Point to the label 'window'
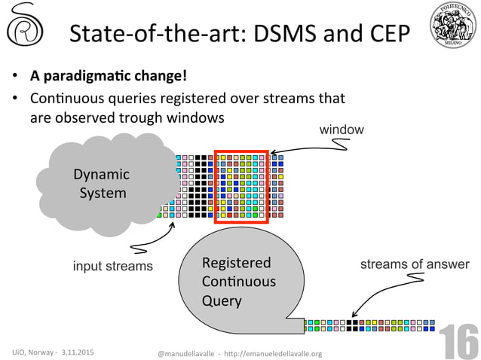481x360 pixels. click(342, 130)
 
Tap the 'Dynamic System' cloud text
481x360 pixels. click(102, 184)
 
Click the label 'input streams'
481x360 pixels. click(112, 265)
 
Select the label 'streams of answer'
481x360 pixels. click(414, 264)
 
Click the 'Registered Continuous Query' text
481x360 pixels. click(238, 282)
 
